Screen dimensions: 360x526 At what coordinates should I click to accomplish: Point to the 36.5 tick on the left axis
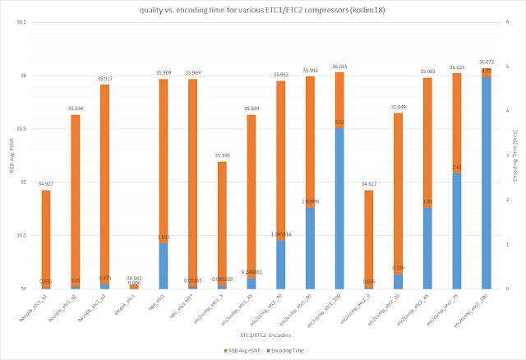(x=22, y=23)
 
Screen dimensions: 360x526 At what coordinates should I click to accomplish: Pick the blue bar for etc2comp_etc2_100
(x=487, y=182)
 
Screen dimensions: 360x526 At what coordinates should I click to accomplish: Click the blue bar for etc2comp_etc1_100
(x=338, y=208)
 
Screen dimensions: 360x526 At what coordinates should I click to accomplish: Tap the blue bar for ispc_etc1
(x=164, y=265)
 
